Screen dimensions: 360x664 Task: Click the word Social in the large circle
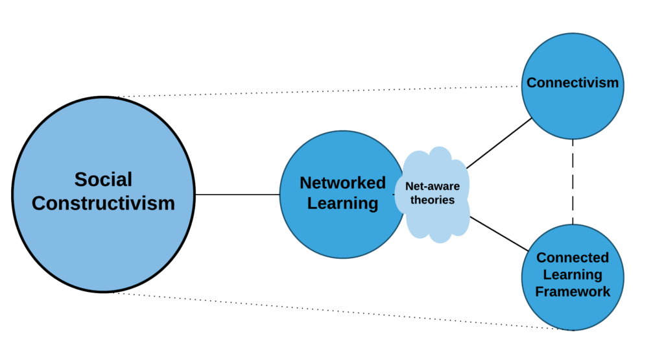point(103,180)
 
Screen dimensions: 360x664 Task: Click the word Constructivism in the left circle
point(103,203)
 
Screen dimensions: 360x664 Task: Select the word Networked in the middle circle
point(342,183)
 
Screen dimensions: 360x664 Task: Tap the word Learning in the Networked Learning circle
point(342,204)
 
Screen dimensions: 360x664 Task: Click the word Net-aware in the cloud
point(433,187)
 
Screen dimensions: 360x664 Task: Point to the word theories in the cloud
point(433,200)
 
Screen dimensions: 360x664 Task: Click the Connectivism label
point(573,83)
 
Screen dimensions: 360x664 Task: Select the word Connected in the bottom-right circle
point(573,258)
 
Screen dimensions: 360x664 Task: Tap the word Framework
point(573,292)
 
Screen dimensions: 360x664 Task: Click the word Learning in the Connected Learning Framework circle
point(573,275)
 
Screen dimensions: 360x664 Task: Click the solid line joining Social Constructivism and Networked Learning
point(237,195)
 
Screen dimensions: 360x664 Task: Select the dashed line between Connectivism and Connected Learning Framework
point(573,182)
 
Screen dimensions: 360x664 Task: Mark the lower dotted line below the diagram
point(337,311)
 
